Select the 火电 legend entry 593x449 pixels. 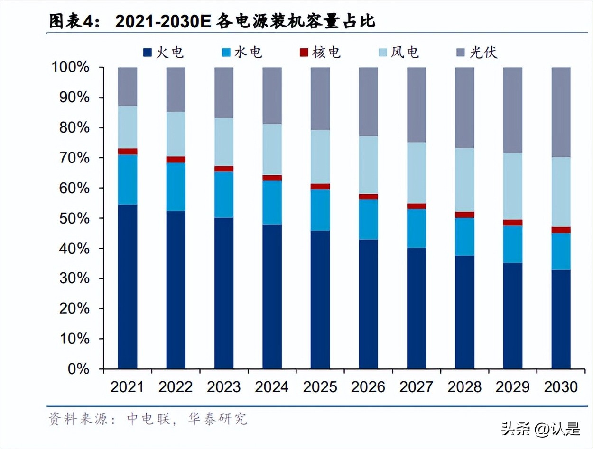click(x=164, y=52)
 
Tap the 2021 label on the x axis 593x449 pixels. click(x=127, y=387)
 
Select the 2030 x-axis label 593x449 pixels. click(x=561, y=387)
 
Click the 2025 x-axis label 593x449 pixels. click(x=320, y=387)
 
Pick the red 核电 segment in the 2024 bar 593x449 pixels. click(x=272, y=178)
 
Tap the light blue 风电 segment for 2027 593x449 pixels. click(x=416, y=173)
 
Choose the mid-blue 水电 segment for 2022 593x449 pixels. click(x=176, y=187)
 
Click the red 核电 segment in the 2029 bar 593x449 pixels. click(x=512, y=223)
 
